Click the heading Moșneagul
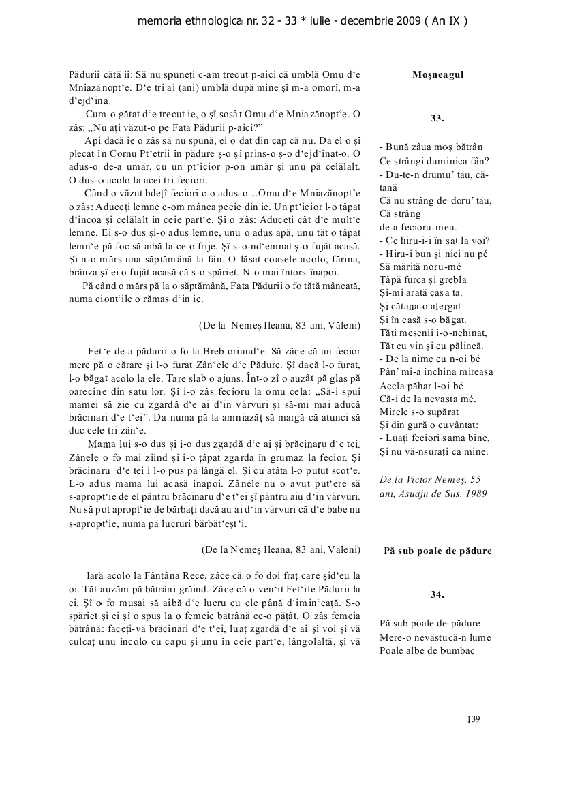click(437, 74)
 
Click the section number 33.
click(437, 118)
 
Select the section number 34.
click(437, 594)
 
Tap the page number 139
click(474, 718)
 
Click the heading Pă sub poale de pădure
click(437, 550)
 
